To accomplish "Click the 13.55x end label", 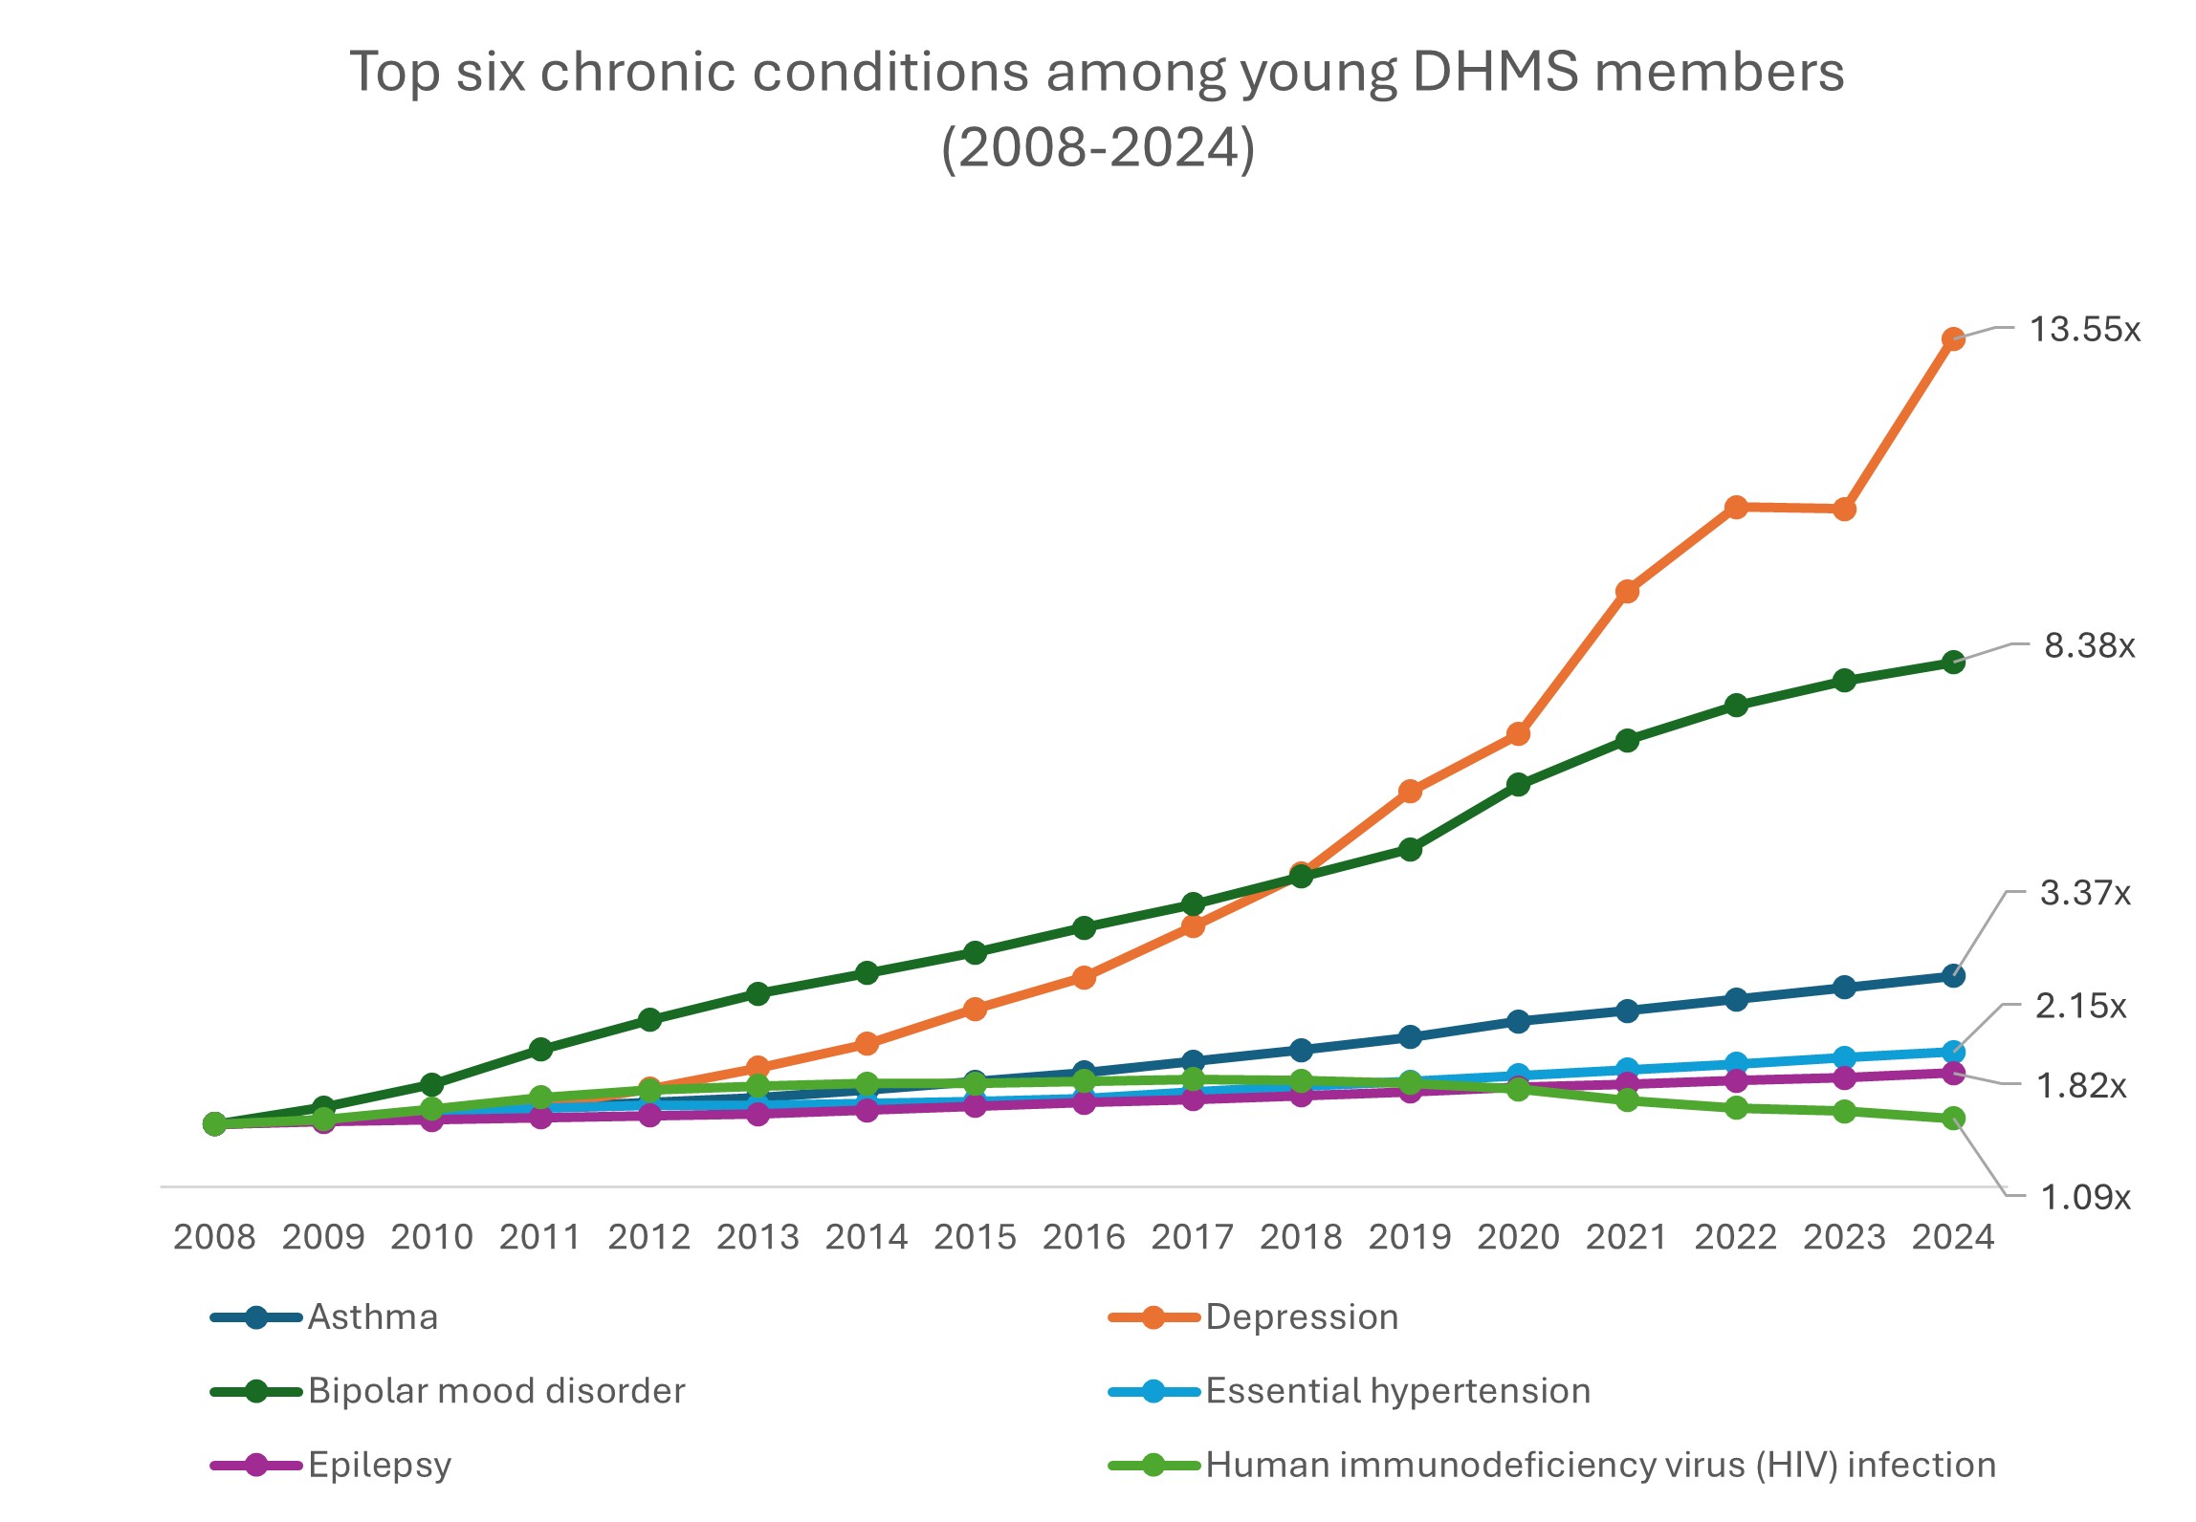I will [2084, 330].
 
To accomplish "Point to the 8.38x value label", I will [2089, 646].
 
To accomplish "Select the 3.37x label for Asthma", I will [2085, 893].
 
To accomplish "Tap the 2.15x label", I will [2080, 1006].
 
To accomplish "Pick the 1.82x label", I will [2080, 1086].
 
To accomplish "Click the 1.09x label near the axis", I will [2085, 1197].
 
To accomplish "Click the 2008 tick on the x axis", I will [214, 1237].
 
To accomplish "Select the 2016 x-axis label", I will [1084, 1237].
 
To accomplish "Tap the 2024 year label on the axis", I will [1953, 1237].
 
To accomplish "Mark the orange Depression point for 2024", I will [1953, 338].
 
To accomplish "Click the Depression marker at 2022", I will [1736, 507].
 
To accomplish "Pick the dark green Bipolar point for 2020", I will [1518, 785].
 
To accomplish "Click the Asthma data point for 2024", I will [1953, 976].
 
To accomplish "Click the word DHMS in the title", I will [1494, 72].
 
